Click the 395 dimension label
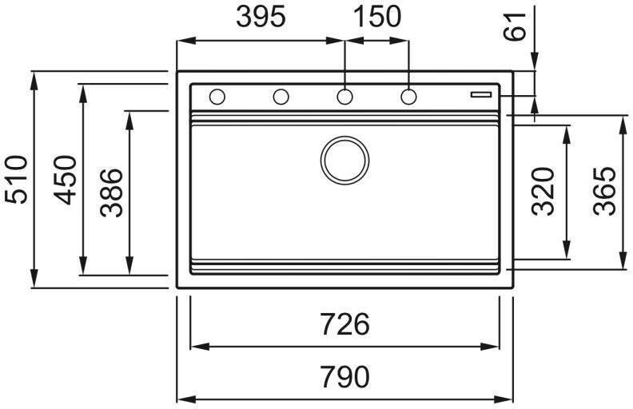(x=261, y=17)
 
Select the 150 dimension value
(x=377, y=17)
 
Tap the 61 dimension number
(x=517, y=27)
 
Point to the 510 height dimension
(x=18, y=179)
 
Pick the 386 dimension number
(x=112, y=193)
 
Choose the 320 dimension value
(x=544, y=192)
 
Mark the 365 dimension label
(x=605, y=192)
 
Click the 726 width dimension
(x=344, y=325)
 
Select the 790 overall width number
(x=344, y=375)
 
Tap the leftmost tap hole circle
(x=217, y=97)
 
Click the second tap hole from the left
(x=281, y=97)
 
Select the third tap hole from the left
(x=344, y=97)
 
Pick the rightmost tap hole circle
(x=408, y=97)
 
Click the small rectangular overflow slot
(x=482, y=93)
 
